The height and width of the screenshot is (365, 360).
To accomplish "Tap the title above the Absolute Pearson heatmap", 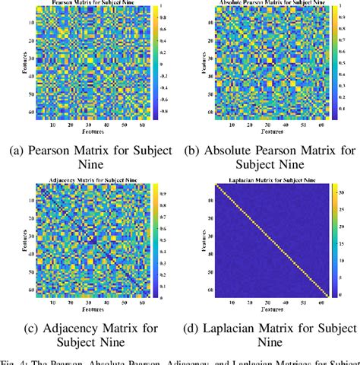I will [262, 4].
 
